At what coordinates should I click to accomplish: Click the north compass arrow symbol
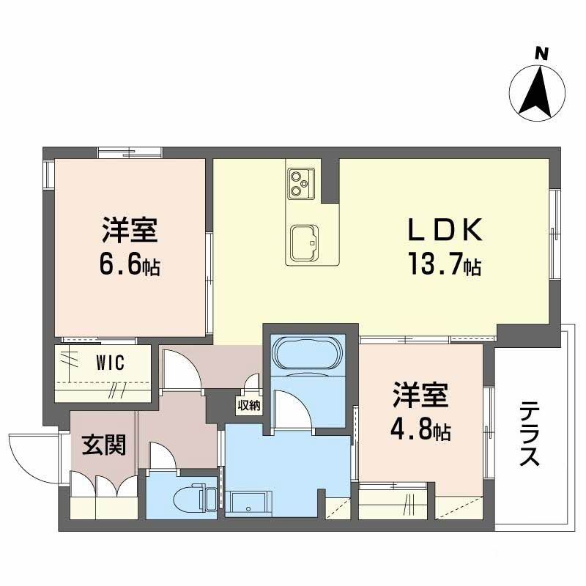click(538, 91)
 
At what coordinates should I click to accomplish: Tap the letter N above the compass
click(541, 53)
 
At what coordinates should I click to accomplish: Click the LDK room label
click(444, 231)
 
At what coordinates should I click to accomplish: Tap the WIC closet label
click(111, 362)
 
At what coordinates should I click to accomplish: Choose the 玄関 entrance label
click(103, 444)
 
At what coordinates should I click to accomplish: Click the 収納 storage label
click(248, 404)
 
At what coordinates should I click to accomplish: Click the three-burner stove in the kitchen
click(300, 182)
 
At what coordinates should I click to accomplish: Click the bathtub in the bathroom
click(306, 354)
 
